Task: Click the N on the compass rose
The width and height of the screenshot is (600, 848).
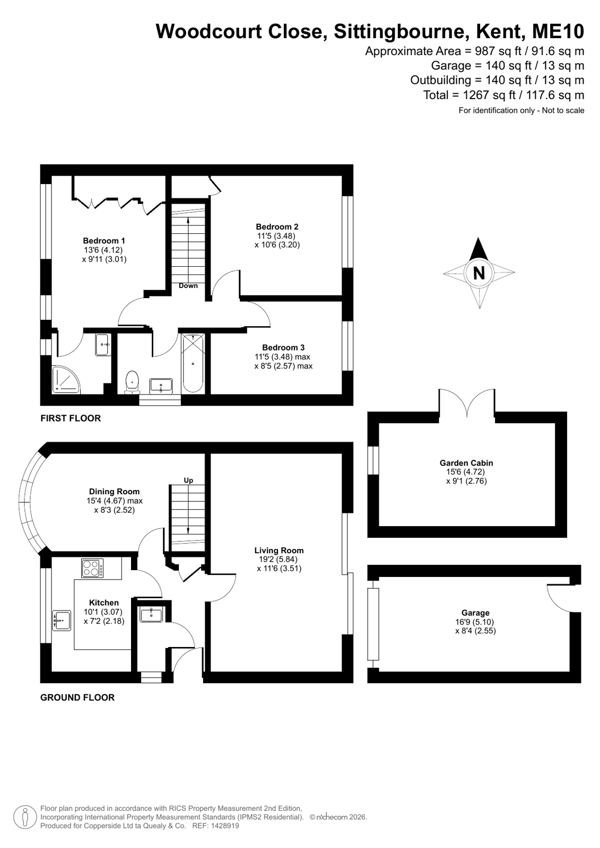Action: point(479,273)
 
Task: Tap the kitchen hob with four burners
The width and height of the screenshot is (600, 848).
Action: point(92,568)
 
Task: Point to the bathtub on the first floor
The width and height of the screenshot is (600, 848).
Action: point(193,363)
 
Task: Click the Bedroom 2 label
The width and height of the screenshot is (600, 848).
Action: point(277,227)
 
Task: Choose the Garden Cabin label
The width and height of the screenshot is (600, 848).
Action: point(466,462)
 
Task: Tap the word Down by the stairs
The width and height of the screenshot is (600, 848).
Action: point(188,285)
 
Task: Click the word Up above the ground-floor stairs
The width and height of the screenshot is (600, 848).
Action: point(188,480)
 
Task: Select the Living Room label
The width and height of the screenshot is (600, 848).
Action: point(279,550)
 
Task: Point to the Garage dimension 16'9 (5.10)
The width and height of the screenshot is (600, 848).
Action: point(475,622)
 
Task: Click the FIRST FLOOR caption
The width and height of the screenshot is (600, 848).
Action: point(71,418)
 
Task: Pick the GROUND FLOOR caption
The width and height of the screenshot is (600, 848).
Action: point(77,697)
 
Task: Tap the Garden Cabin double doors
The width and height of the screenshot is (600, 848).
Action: point(467,403)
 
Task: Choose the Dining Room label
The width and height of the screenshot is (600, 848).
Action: point(114,492)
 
